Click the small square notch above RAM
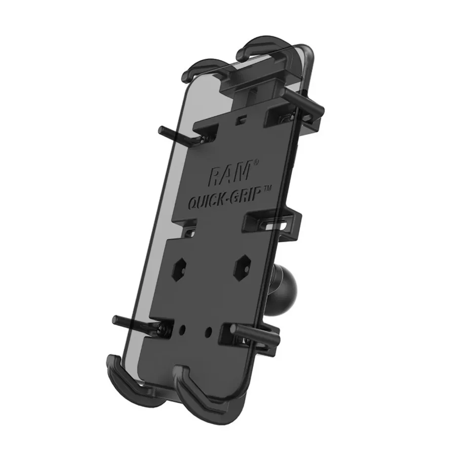pyautogui.click(x=243, y=120)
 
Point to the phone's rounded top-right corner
pyautogui.click(x=310, y=51)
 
